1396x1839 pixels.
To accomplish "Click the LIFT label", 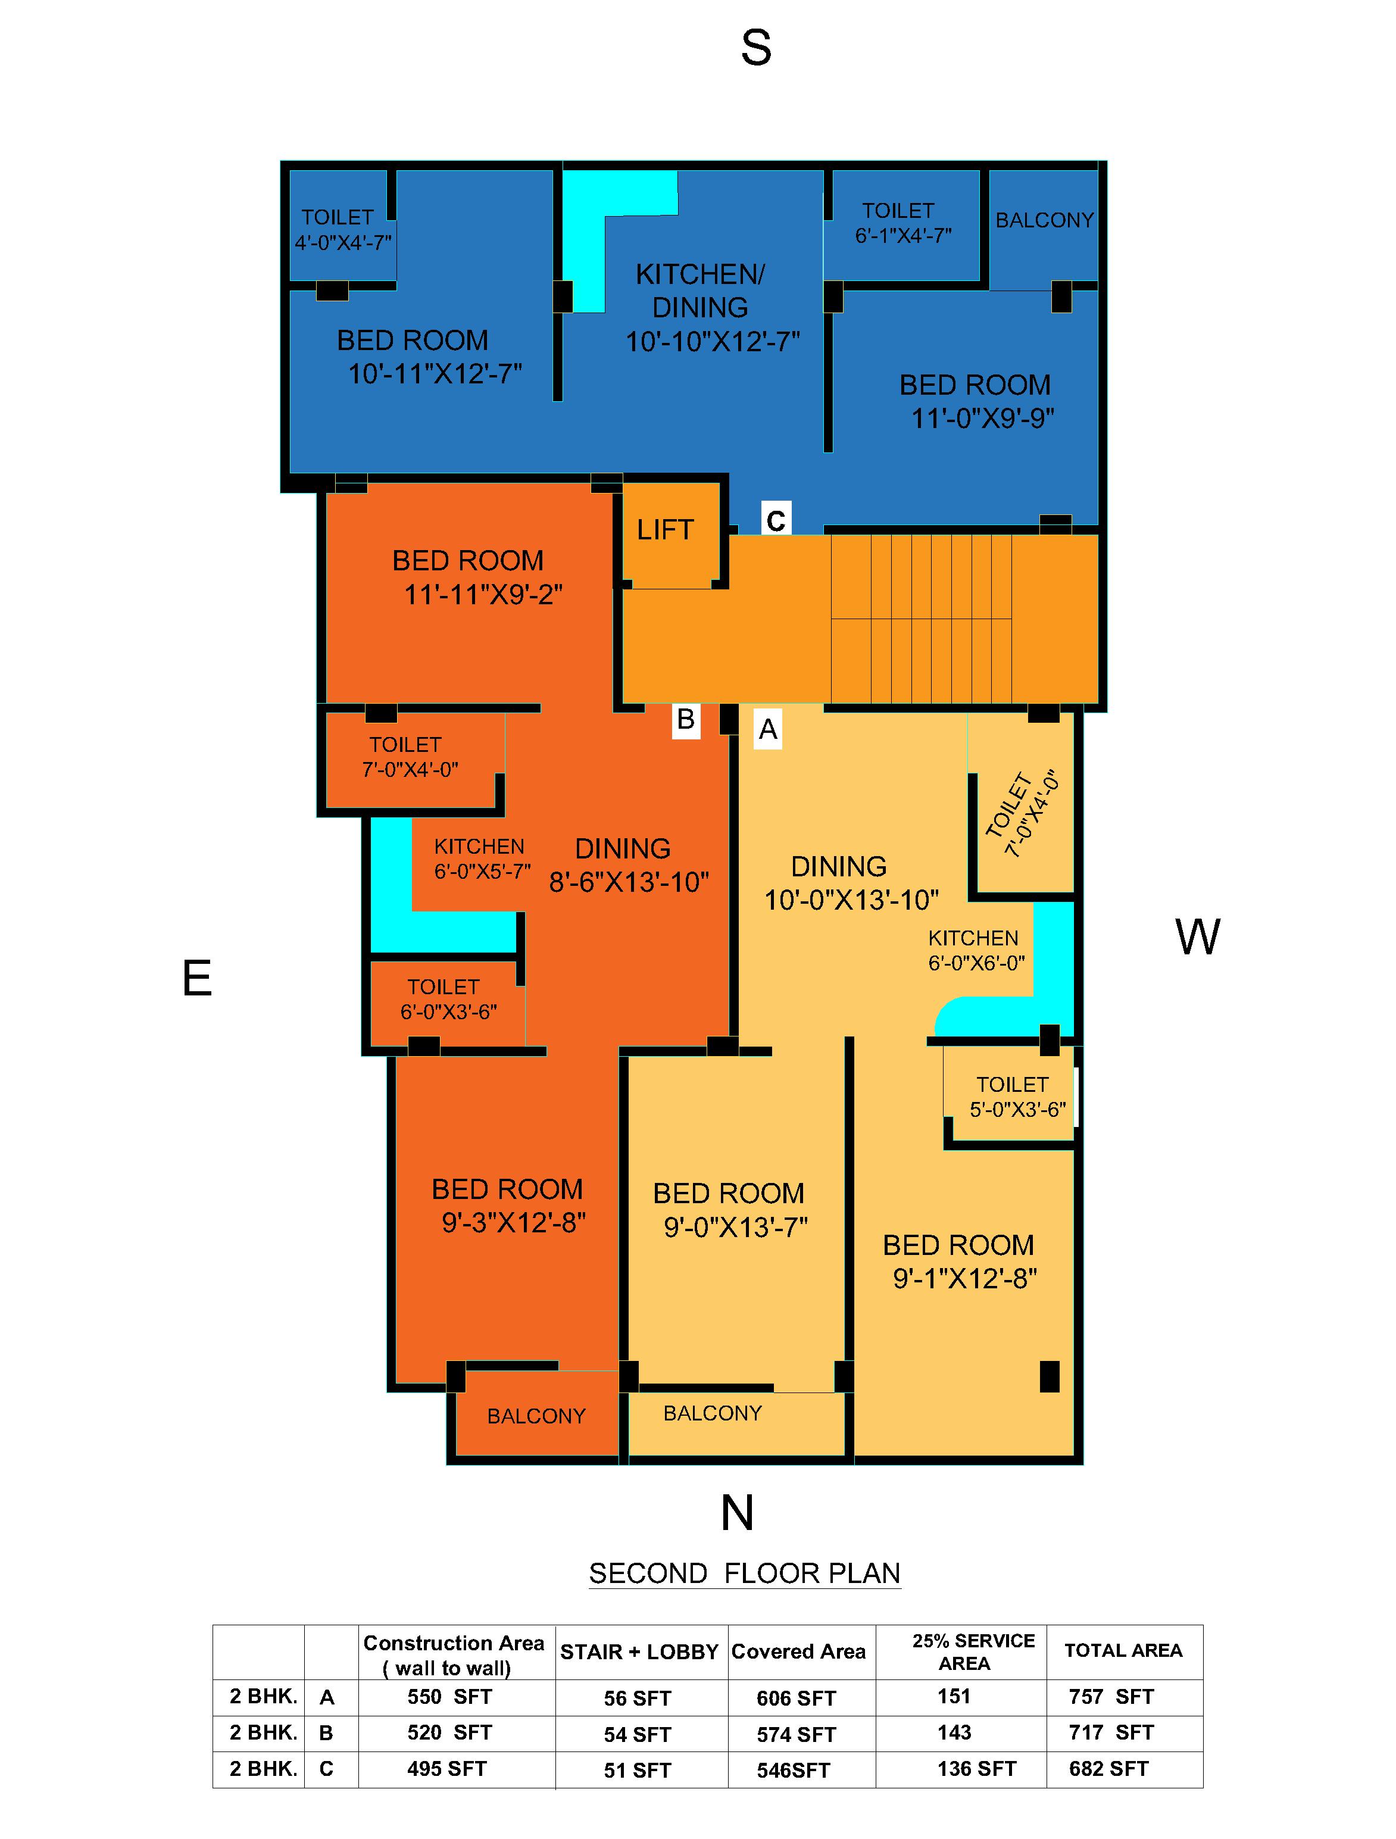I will [664, 530].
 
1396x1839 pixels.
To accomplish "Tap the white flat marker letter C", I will [775, 520].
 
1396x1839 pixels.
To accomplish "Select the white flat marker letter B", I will [685, 719].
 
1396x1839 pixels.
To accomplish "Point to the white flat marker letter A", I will [767, 729].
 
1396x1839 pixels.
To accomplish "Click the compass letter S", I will [756, 48].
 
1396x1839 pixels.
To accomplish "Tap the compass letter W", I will [1197, 937].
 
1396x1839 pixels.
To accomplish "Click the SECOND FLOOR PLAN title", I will [744, 1573].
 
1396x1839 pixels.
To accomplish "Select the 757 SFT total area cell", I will [1111, 1696].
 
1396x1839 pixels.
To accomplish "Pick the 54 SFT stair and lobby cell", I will [637, 1734].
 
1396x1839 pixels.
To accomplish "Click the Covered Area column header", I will [798, 1652].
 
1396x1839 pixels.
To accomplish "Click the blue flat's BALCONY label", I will [1044, 220].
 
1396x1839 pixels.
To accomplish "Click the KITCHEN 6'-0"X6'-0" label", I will [975, 950].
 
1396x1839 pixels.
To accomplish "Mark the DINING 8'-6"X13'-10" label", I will [627, 864].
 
